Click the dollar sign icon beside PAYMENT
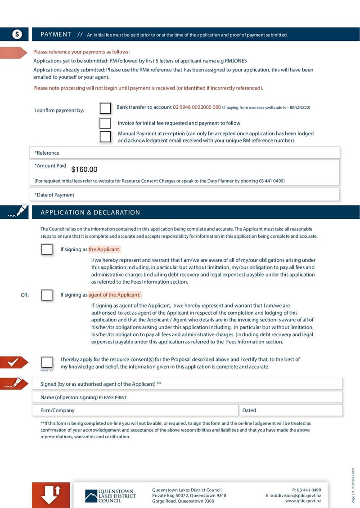17,35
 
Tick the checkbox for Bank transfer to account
105,108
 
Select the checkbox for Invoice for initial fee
105,123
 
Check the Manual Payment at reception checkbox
105,137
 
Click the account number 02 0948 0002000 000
197,107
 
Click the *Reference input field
184,153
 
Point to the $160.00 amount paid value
84,169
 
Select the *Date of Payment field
184,195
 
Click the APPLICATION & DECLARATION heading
90,213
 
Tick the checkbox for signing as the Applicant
47,250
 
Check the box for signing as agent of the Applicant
47,295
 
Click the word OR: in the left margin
25,295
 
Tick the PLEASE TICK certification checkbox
47,362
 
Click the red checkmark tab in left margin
14,361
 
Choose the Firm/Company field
135,410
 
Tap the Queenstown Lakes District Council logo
110,495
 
